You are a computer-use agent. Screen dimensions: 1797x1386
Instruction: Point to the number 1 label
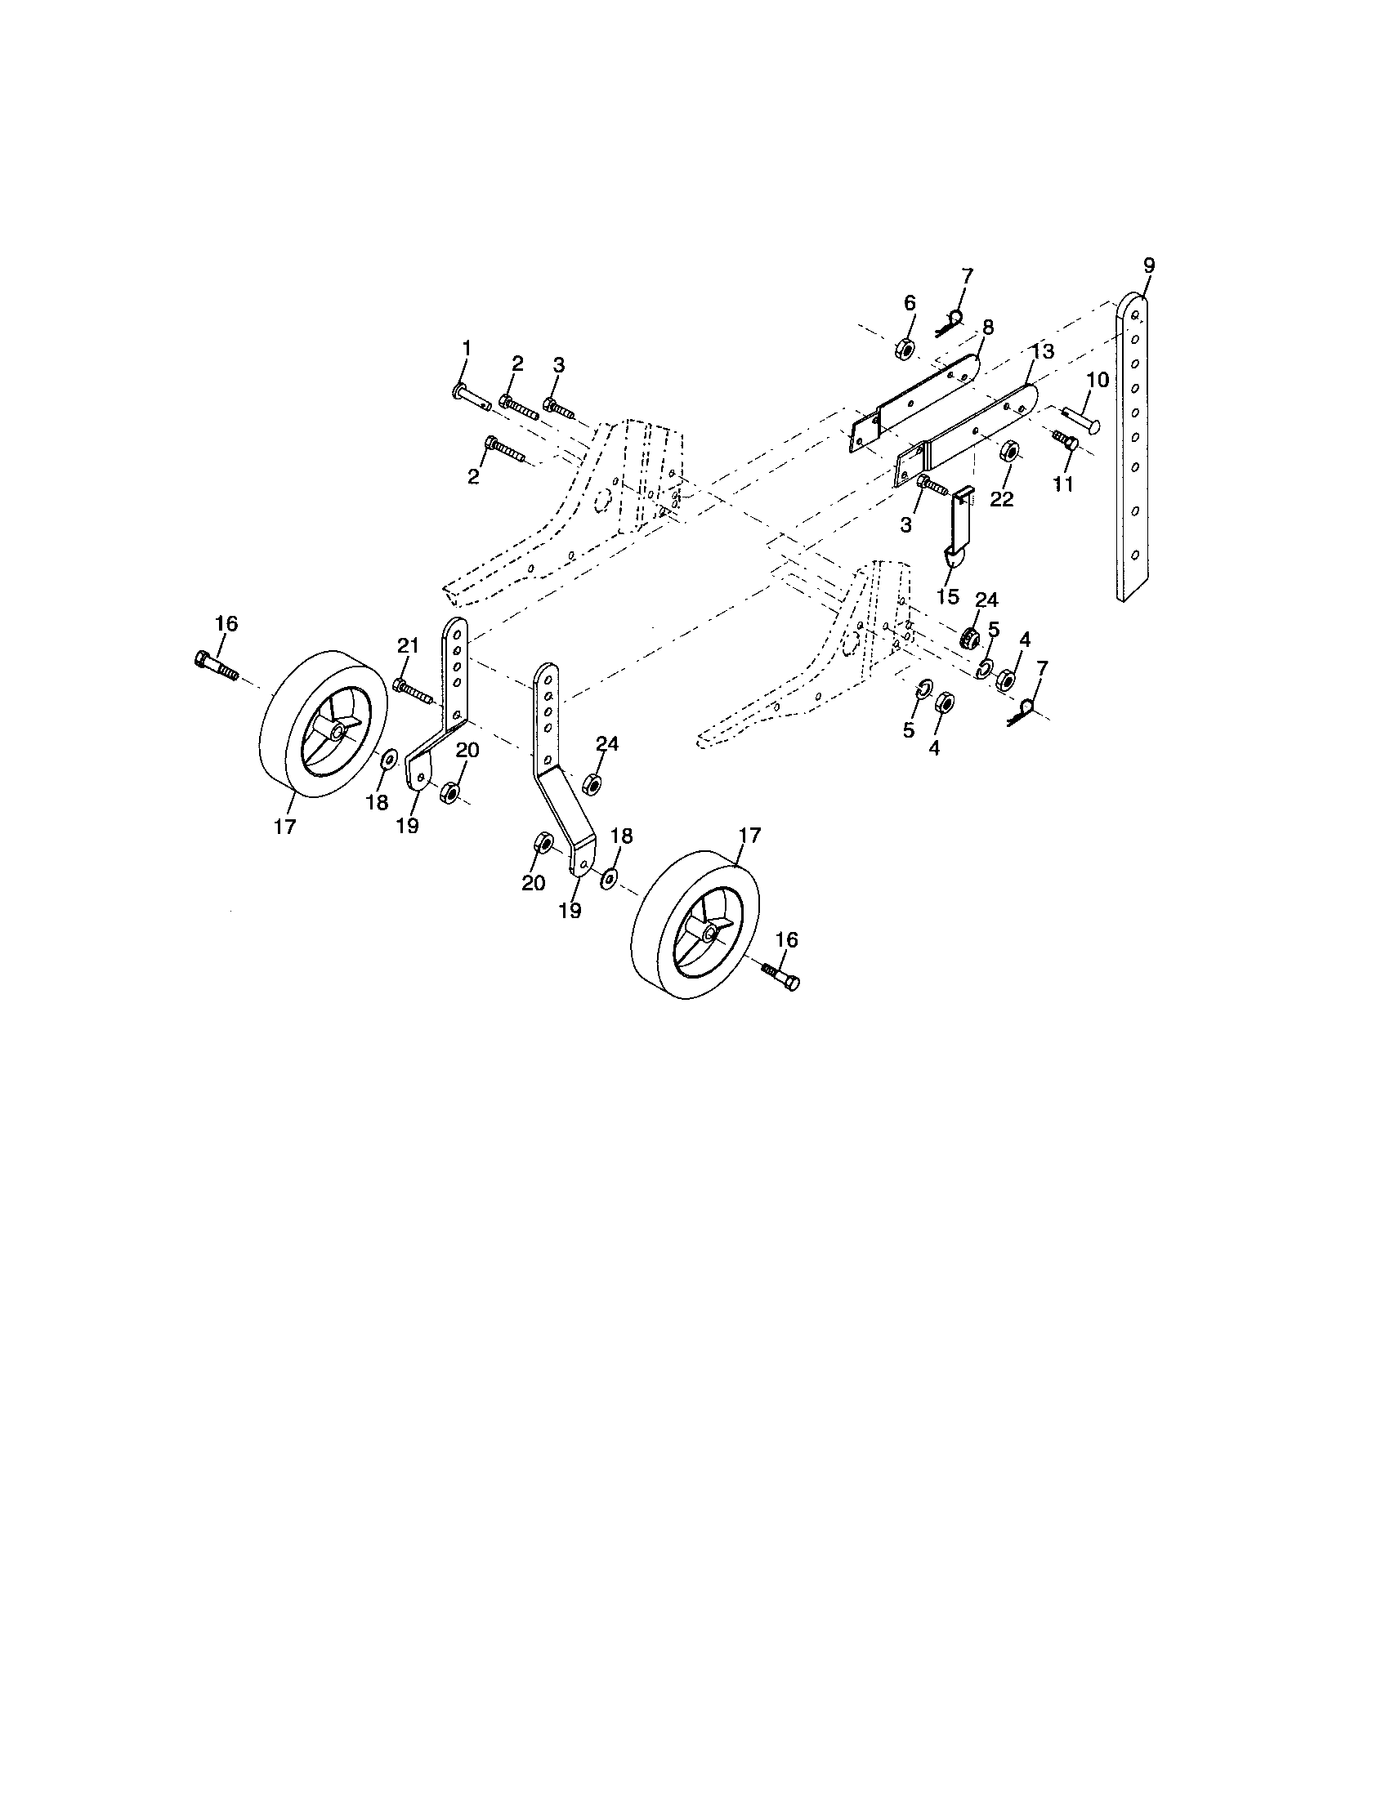(x=467, y=349)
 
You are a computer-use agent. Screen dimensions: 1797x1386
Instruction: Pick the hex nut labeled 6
(x=905, y=349)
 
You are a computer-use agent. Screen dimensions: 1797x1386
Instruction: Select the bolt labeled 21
(x=414, y=690)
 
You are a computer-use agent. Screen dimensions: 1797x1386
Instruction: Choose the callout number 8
(x=987, y=328)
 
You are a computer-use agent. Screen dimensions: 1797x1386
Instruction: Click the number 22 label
(x=1002, y=499)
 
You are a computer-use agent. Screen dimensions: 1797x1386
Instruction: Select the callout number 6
(x=910, y=304)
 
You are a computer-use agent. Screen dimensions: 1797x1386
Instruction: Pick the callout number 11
(x=1063, y=484)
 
